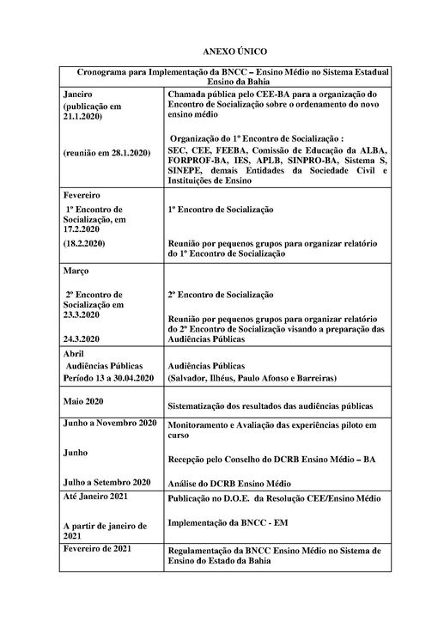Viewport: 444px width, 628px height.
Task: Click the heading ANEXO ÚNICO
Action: (222, 52)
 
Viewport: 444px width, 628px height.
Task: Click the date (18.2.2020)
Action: (84, 244)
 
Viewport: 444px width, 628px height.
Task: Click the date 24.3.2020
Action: (82, 338)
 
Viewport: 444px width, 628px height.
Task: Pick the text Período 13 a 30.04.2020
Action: (109, 378)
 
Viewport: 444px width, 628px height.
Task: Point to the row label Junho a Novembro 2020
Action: (109, 424)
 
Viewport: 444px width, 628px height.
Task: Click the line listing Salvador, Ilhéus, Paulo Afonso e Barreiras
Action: (252, 379)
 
